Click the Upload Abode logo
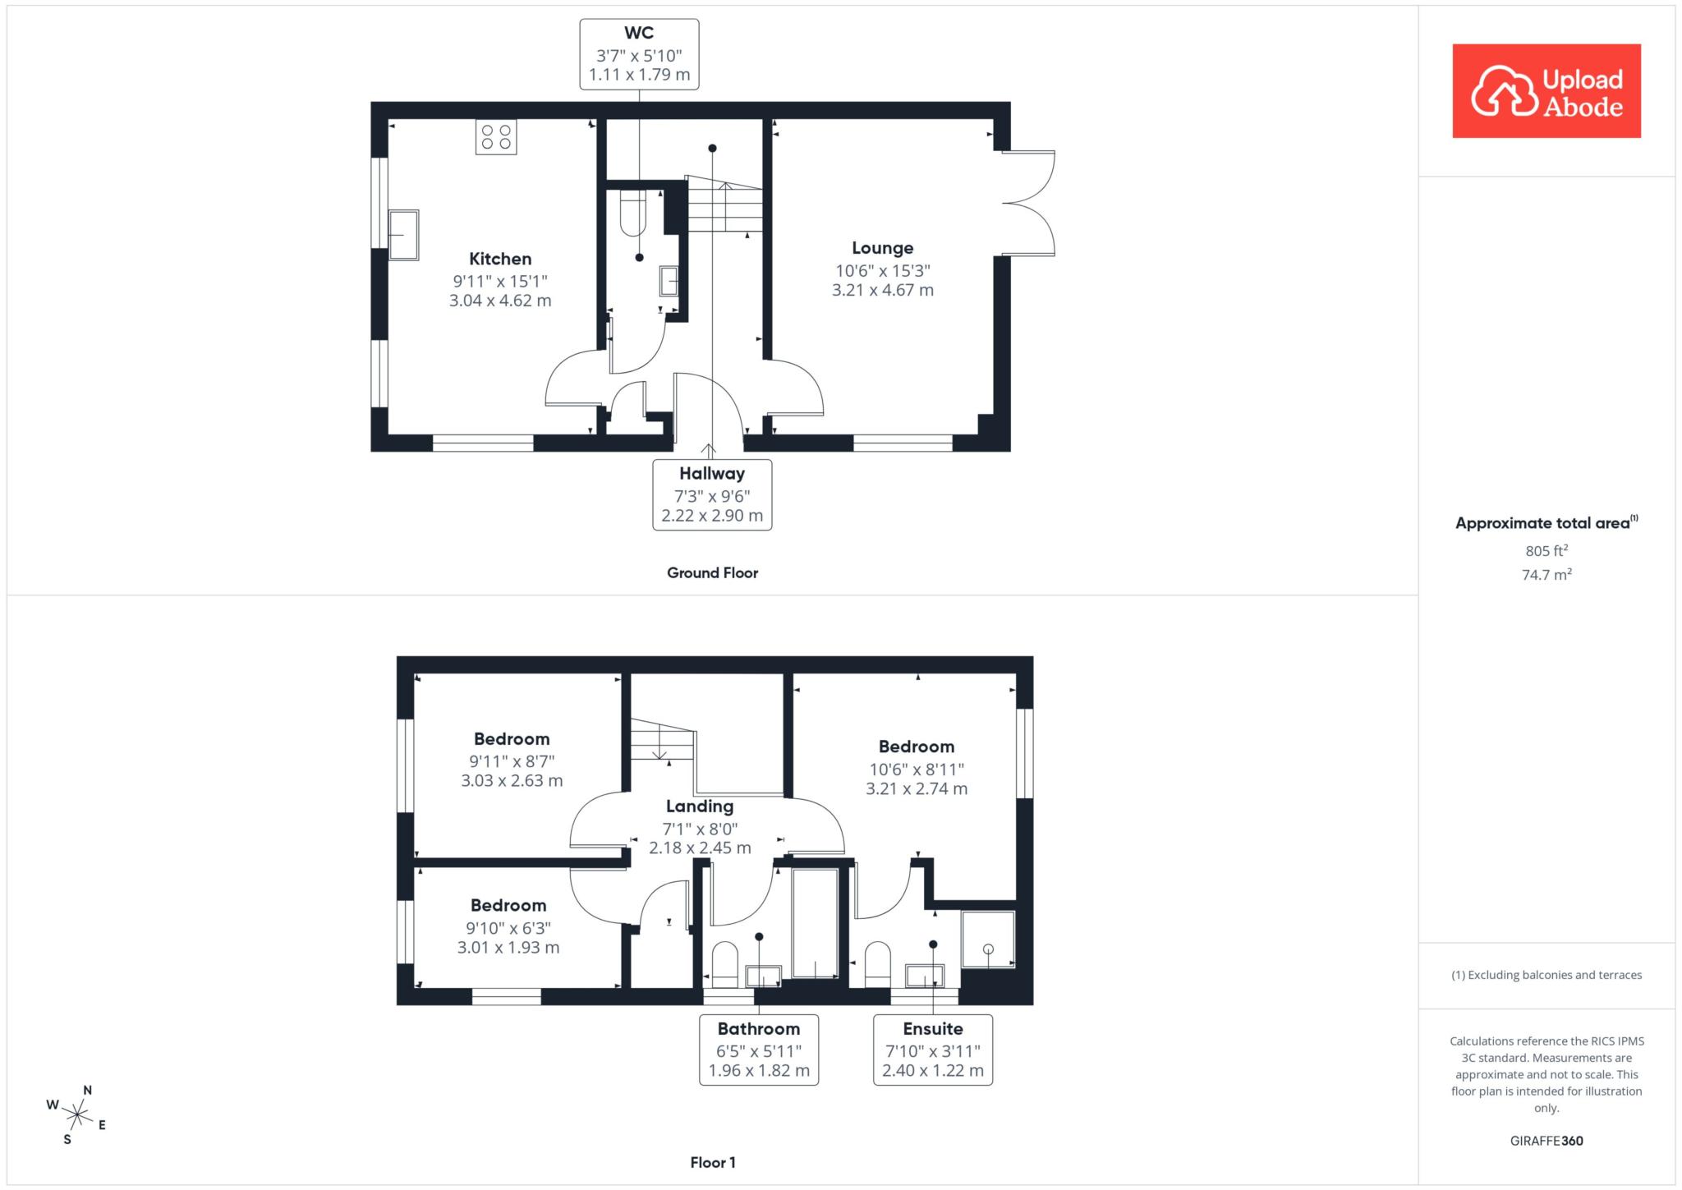click(x=1546, y=90)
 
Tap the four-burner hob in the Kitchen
click(x=496, y=137)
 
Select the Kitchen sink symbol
click(x=403, y=235)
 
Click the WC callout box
click(x=639, y=54)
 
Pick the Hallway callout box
click(x=712, y=494)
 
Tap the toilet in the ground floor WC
click(x=633, y=213)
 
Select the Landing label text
click(x=700, y=806)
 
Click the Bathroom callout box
click(x=759, y=1050)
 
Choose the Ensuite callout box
click(x=933, y=1050)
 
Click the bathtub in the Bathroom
click(x=815, y=922)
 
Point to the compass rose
click(x=77, y=1114)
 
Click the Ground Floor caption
click(x=712, y=572)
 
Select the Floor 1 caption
click(x=713, y=1162)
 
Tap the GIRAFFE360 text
click(x=1546, y=1141)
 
